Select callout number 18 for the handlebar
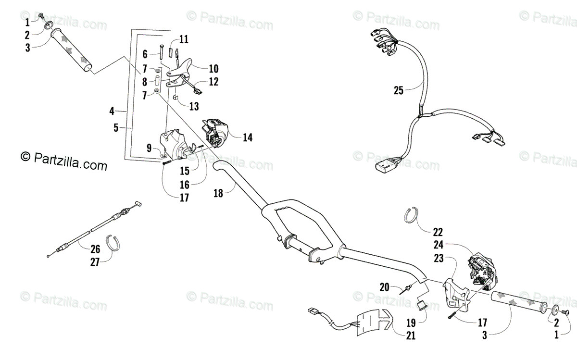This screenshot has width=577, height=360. [218, 194]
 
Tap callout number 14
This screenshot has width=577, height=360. [247, 137]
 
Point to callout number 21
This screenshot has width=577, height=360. [410, 336]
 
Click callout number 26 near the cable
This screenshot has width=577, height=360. [95, 248]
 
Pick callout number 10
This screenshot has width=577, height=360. [200, 69]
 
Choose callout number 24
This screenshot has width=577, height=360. [438, 244]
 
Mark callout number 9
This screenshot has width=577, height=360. [149, 147]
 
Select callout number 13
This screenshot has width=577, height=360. [194, 106]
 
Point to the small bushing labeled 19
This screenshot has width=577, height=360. [422, 305]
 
